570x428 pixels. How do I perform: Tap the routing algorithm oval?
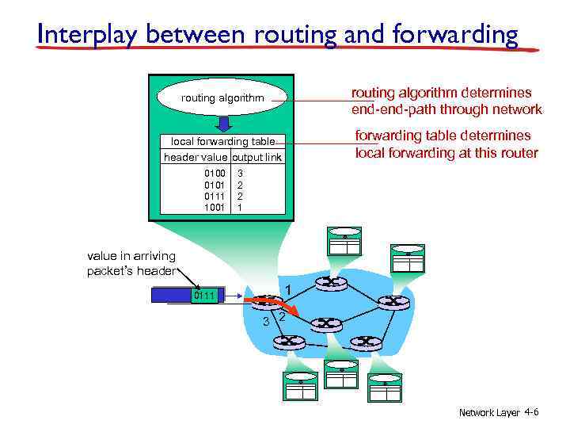click(222, 98)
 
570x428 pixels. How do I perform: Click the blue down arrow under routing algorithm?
click(223, 123)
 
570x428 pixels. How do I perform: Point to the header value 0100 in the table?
click(215, 172)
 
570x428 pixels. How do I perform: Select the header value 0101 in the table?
click(215, 184)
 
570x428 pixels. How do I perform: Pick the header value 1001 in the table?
click(215, 207)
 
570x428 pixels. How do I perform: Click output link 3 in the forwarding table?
click(241, 172)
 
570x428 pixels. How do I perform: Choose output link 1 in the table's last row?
click(241, 207)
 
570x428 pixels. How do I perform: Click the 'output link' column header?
click(256, 157)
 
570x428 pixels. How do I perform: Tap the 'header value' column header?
click(196, 157)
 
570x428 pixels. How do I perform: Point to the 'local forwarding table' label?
click(223, 142)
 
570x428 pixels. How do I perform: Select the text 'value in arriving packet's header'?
click(131, 263)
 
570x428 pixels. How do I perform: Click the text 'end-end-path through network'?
click(446, 109)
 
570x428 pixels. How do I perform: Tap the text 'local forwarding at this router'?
click(446, 153)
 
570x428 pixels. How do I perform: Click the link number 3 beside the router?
click(267, 321)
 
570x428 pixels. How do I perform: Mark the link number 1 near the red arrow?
click(290, 290)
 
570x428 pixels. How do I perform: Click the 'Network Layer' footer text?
click(489, 413)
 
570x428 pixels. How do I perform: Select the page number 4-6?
click(532, 413)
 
